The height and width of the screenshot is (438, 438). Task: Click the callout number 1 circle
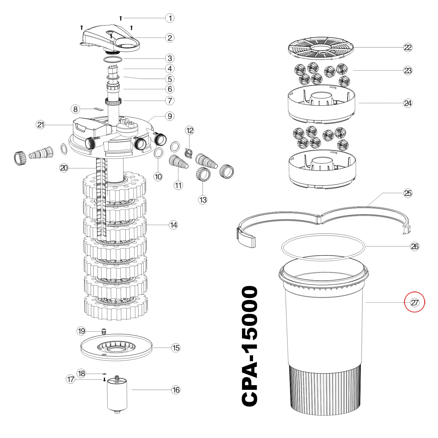(170, 18)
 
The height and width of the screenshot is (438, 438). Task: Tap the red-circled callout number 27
(415, 302)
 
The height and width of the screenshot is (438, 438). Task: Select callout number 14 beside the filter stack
(174, 225)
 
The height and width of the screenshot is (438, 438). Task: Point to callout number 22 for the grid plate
(408, 47)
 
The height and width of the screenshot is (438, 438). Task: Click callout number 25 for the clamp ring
(408, 193)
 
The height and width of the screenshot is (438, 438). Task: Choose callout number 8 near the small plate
(75, 109)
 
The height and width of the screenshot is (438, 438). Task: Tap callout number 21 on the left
(41, 125)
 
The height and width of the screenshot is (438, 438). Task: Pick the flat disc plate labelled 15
(116, 347)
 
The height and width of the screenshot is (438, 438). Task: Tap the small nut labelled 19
(104, 331)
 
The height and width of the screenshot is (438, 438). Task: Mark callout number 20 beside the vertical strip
(64, 168)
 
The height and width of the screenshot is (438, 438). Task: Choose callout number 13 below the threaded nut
(203, 200)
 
